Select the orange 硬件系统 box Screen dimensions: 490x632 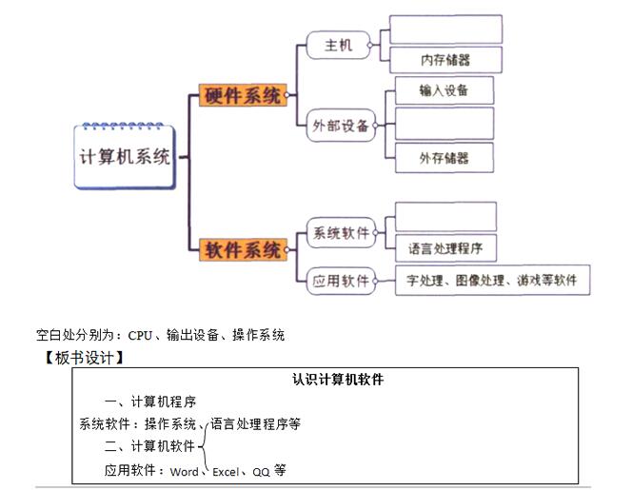click(x=243, y=95)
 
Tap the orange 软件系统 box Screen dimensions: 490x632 click(x=243, y=251)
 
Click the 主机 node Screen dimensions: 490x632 click(x=339, y=45)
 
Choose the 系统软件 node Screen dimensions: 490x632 click(x=341, y=233)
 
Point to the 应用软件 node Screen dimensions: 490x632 click(x=341, y=281)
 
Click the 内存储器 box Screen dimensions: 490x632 click(x=445, y=60)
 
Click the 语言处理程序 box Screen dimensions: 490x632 click(x=445, y=249)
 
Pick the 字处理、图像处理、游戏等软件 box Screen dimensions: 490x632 click(x=492, y=281)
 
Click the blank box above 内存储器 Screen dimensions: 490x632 click(x=445, y=29)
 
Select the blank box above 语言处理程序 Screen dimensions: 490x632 click(x=445, y=217)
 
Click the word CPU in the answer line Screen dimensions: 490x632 click(x=140, y=335)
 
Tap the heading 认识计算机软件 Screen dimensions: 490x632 click(x=338, y=380)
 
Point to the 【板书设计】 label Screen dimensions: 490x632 click(x=85, y=358)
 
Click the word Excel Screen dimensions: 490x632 click(x=226, y=471)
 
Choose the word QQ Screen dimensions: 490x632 click(x=261, y=471)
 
